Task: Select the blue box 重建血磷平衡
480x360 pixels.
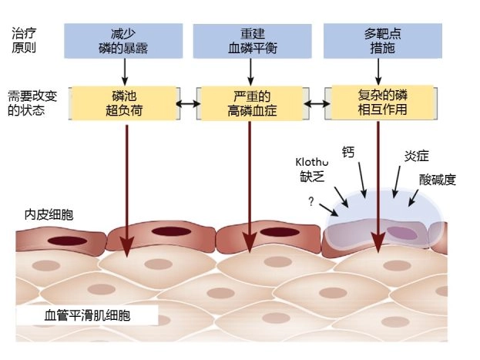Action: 250,40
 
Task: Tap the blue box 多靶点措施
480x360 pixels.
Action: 379,40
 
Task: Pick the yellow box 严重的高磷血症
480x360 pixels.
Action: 250,103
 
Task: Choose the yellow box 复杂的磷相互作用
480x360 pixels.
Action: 379,103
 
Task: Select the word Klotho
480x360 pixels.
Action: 313,162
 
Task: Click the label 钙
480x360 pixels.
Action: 347,152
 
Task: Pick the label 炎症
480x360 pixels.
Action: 416,156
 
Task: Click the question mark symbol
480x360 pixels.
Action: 311,201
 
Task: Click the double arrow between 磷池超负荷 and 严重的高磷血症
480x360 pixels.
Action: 186,103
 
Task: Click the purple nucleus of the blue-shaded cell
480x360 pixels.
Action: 401,231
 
